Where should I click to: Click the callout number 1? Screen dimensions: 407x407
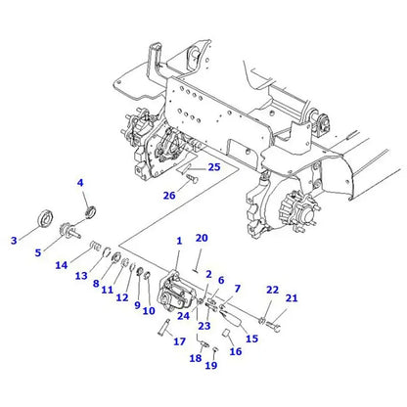pos(179,241)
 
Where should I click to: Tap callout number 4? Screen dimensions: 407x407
pos(80,183)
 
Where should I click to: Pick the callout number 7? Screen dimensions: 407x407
pos(236,291)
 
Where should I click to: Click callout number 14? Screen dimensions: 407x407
pos(61,265)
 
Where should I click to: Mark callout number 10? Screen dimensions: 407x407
pos(150,312)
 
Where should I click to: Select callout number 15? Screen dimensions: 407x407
pos(251,339)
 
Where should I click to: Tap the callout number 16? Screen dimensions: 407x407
pos(235,351)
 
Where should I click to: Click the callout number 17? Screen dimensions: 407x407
pos(179,341)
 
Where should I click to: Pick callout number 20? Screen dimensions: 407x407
pos(202,238)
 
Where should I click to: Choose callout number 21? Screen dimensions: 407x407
pos(291,297)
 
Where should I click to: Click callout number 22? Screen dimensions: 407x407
pos(273,290)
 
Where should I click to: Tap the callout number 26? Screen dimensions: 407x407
pos(169,195)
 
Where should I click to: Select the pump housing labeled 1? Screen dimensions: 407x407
pos(176,285)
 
